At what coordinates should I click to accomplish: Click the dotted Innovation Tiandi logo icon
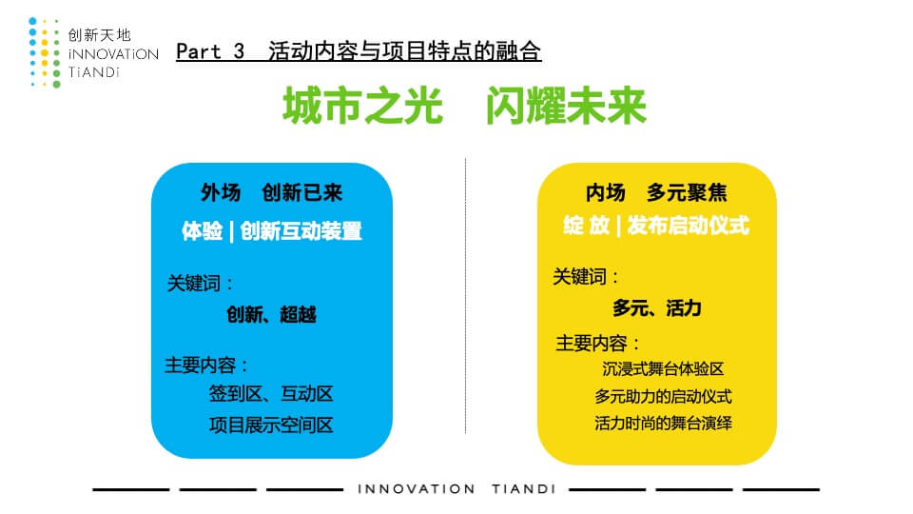point(45,53)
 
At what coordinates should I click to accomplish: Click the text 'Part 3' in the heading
point(210,51)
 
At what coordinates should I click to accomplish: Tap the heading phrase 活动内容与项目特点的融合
point(405,51)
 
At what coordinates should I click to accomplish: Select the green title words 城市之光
point(362,106)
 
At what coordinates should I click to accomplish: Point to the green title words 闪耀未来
point(566,106)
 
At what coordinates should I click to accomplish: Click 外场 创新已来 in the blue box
point(271,192)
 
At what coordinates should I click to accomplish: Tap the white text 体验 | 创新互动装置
point(271,230)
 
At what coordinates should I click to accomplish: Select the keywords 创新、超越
point(271,315)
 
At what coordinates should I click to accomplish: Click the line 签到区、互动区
point(271,394)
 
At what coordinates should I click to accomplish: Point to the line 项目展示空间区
point(271,425)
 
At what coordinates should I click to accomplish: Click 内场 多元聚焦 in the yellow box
point(656,192)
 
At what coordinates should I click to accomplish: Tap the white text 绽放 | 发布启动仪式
point(656,226)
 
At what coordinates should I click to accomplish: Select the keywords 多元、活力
point(657,307)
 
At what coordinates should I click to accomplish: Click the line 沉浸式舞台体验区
point(663,369)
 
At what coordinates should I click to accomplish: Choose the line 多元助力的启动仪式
point(663,396)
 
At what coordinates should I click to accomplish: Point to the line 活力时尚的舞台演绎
point(663,423)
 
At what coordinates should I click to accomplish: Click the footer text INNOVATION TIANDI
point(456,489)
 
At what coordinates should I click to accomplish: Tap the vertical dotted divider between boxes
point(465,295)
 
